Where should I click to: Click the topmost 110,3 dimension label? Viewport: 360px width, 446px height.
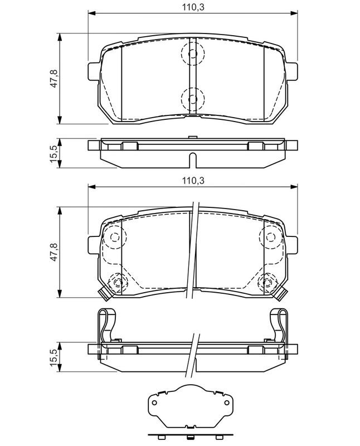pos(193,7)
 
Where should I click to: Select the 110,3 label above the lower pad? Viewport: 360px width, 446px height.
pos(193,180)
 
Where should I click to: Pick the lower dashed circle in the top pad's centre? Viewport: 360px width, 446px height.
pos(193,99)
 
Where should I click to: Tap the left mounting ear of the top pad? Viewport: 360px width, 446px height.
pos(94,71)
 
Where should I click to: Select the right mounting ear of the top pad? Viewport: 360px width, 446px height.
pos(292,71)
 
